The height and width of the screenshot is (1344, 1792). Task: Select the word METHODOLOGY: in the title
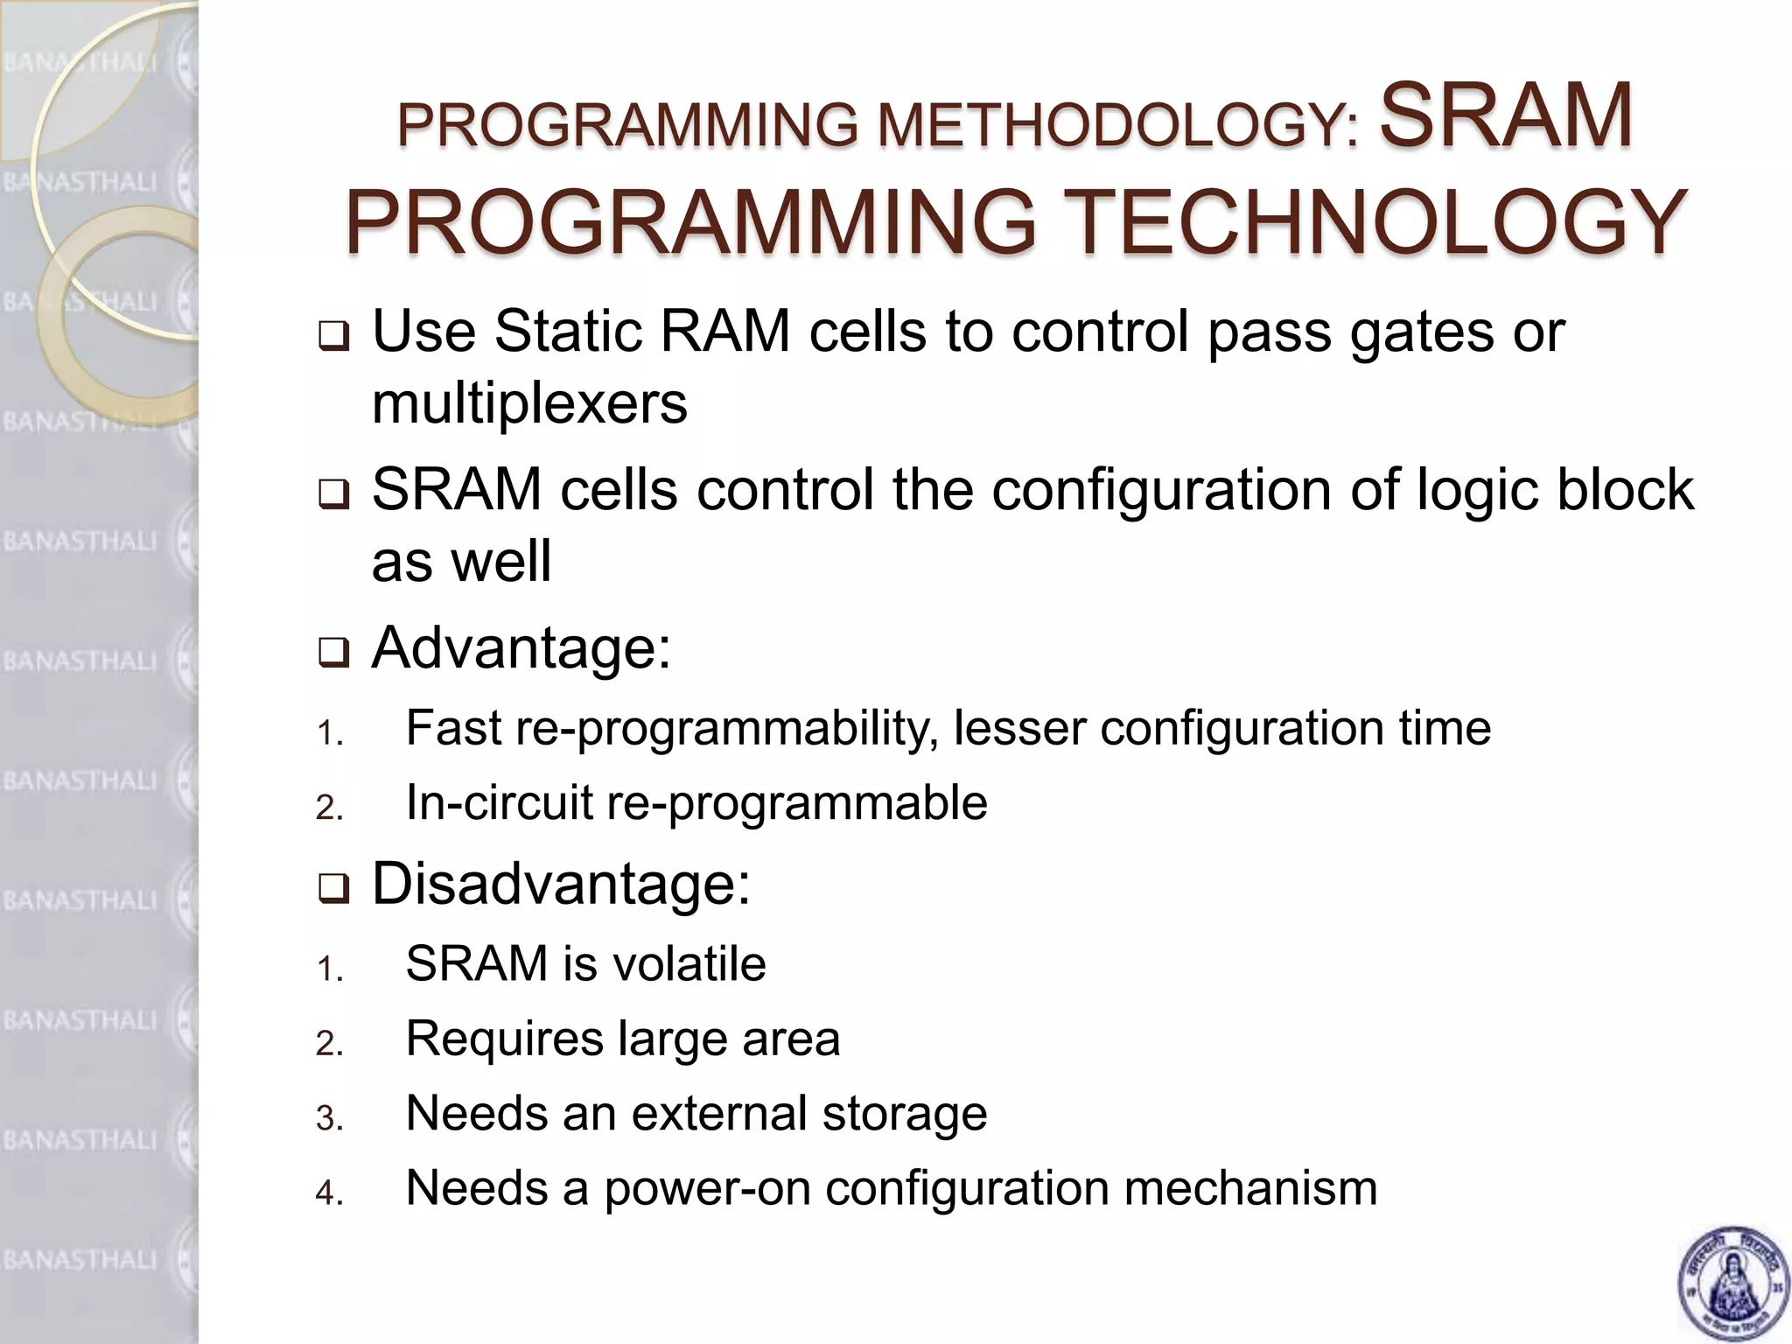(1119, 125)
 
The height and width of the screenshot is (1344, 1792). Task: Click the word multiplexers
(529, 404)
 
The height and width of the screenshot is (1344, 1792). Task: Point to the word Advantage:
(521, 648)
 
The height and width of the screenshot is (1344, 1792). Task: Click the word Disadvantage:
(561, 885)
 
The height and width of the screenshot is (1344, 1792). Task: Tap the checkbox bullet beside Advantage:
(332, 653)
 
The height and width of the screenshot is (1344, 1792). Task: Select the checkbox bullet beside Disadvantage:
(332, 889)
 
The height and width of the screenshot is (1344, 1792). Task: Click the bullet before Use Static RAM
(332, 336)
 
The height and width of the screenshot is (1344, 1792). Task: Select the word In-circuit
(500, 803)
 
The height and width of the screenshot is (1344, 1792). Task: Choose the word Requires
(504, 1039)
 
